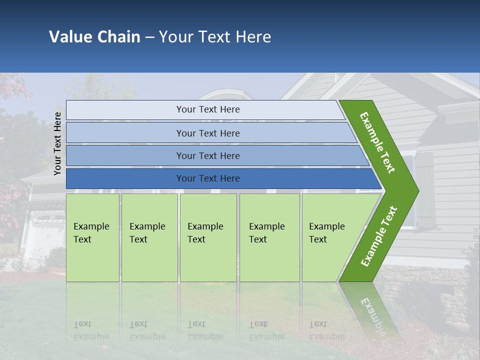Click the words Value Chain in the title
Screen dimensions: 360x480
click(94, 37)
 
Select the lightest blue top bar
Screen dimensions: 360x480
click(205, 109)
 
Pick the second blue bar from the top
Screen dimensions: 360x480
click(210, 133)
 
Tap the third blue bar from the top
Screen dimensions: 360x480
click(215, 155)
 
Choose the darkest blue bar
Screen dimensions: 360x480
click(220, 178)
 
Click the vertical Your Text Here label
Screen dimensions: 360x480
click(57, 143)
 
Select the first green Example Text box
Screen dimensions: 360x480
click(92, 237)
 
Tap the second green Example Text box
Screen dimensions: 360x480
click(149, 237)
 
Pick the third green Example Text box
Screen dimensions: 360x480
click(207, 237)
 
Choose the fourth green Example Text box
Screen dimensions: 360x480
click(269, 237)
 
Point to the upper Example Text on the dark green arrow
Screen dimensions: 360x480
click(378, 142)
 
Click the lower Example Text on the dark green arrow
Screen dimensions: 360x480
click(378, 236)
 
